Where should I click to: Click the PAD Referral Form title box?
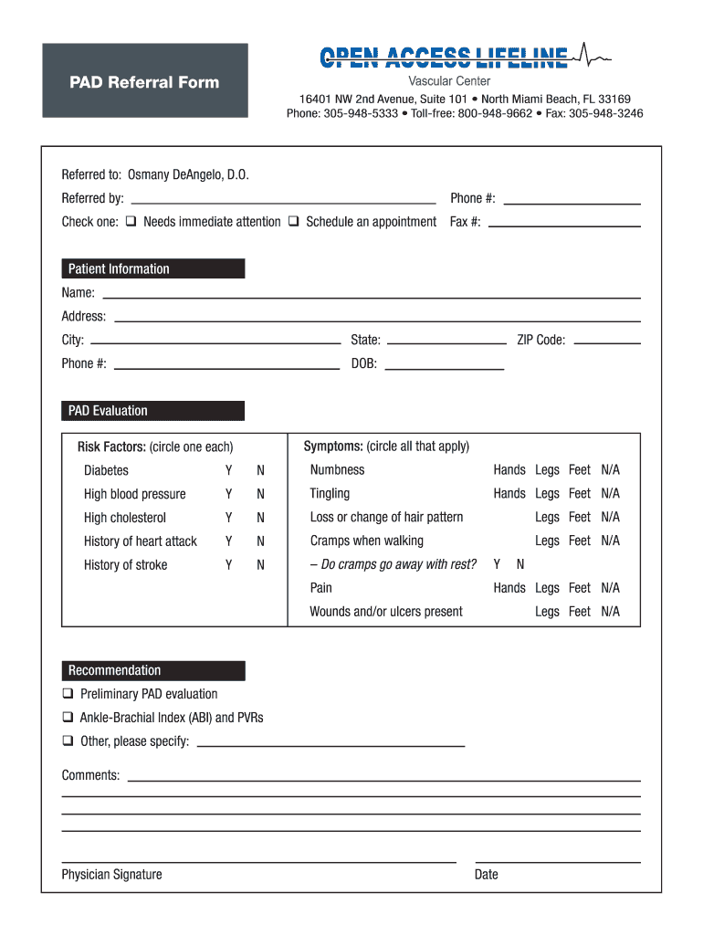tap(144, 81)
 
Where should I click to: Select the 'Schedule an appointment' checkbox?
tap(294, 222)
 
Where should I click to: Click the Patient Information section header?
tap(152, 268)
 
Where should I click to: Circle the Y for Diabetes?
tap(228, 471)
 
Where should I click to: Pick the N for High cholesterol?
tap(260, 518)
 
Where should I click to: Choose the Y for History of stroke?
tap(228, 565)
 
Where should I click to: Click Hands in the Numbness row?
tap(509, 470)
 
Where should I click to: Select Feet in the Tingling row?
tap(580, 494)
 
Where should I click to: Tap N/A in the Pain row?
tap(610, 588)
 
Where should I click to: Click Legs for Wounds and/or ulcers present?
tap(547, 612)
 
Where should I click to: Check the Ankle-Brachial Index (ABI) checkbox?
tap(68, 718)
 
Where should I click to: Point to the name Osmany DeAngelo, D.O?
tap(188, 174)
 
